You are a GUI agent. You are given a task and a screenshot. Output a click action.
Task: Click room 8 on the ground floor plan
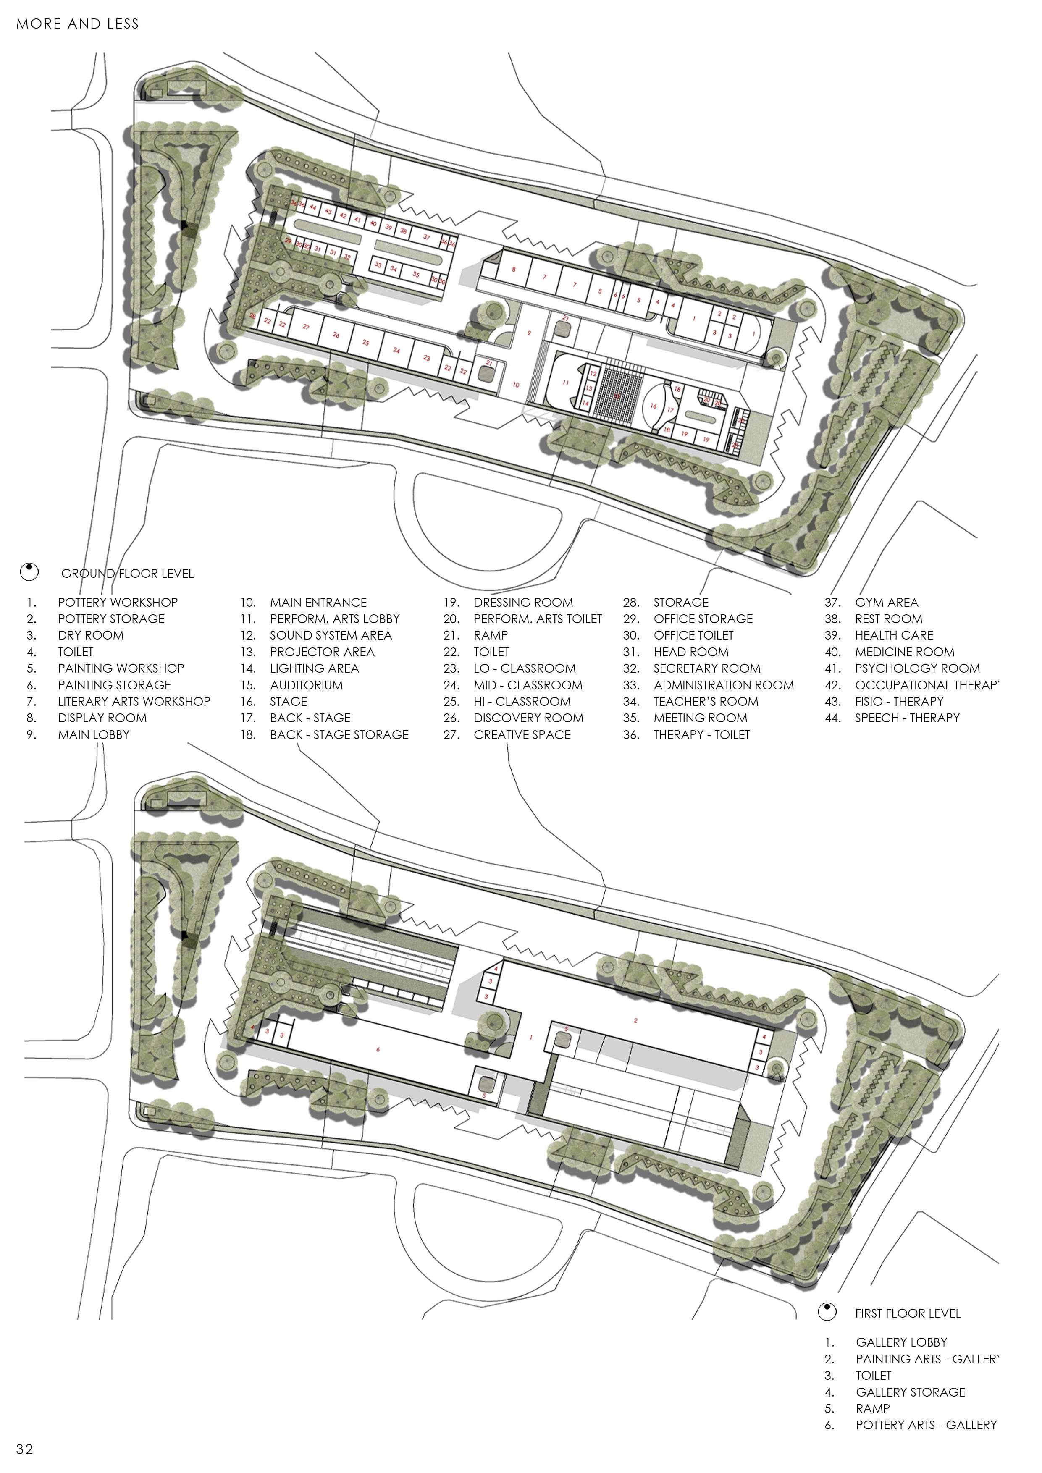[513, 270]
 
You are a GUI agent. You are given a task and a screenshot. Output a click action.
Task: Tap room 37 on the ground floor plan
[427, 237]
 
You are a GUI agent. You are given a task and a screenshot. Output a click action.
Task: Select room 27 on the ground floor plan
[306, 327]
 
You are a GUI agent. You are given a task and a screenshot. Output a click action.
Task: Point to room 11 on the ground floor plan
[565, 383]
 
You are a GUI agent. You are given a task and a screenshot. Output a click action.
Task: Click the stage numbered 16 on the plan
[653, 406]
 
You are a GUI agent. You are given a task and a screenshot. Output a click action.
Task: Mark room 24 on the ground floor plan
[396, 350]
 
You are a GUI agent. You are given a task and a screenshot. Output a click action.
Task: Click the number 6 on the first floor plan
[378, 1050]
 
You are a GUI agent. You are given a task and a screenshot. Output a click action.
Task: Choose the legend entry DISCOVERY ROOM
[528, 718]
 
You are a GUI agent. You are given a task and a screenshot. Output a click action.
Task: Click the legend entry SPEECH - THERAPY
[907, 718]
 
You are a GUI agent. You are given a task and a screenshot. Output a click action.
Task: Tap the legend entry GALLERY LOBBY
[901, 1342]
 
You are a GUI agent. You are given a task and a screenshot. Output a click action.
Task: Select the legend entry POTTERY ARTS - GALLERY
[926, 1425]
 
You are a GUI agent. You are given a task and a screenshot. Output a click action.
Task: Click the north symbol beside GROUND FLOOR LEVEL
[29, 571]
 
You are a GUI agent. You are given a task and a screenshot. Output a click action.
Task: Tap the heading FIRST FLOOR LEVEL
[907, 1313]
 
